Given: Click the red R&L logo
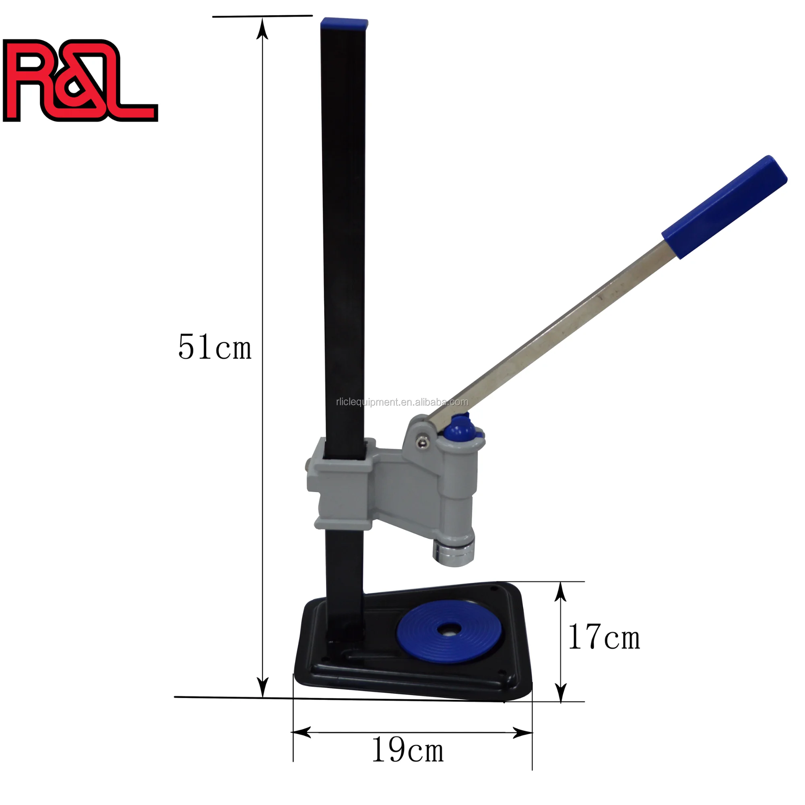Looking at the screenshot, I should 79,80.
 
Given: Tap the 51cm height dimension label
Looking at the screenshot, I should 215,347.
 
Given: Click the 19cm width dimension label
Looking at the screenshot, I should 407,750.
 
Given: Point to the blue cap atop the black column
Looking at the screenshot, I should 344,23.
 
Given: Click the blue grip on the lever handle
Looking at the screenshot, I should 724,207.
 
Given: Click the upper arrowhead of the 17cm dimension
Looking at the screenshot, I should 561,591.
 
